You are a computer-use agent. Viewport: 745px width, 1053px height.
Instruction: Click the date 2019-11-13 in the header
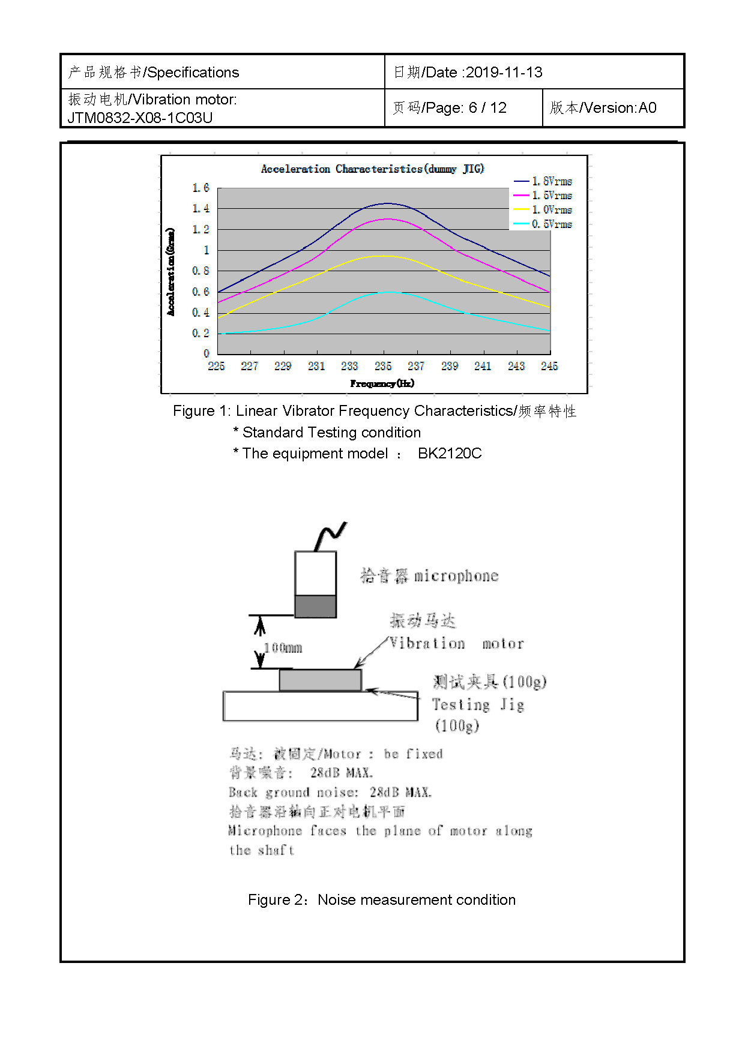point(504,73)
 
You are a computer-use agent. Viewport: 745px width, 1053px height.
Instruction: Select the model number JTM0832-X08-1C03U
point(140,118)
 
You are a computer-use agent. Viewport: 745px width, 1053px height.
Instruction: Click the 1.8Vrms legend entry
point(551,181)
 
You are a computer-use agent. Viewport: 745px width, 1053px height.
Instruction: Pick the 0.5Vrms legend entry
point(551,224)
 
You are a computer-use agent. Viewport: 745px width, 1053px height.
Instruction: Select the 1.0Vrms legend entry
point(551,210)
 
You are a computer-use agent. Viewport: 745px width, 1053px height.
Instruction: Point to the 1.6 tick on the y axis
point(201,188)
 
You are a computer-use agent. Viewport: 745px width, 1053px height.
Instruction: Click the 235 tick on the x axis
point(383,366)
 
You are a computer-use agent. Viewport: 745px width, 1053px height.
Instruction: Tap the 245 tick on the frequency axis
point(549,366)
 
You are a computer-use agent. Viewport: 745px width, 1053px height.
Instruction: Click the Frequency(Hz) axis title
point(382,383)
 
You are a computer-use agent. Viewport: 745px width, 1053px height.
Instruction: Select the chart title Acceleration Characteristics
point(372,169)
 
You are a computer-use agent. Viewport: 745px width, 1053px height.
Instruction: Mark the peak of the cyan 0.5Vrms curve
point(389,292)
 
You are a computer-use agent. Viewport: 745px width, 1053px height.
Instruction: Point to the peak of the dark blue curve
point(388,203)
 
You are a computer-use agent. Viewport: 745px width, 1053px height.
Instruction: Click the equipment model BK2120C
point(450,454)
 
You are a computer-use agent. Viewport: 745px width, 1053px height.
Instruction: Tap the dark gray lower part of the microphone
point(315,606)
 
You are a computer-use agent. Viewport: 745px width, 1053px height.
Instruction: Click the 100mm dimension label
point(283,648)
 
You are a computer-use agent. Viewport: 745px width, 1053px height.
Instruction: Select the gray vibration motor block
point(320,680)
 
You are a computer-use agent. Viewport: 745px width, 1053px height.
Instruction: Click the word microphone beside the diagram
point(456,576)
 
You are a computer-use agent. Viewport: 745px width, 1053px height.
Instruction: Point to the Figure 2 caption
point(382,900)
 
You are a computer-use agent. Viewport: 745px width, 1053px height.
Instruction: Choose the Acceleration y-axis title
point(171,271)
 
